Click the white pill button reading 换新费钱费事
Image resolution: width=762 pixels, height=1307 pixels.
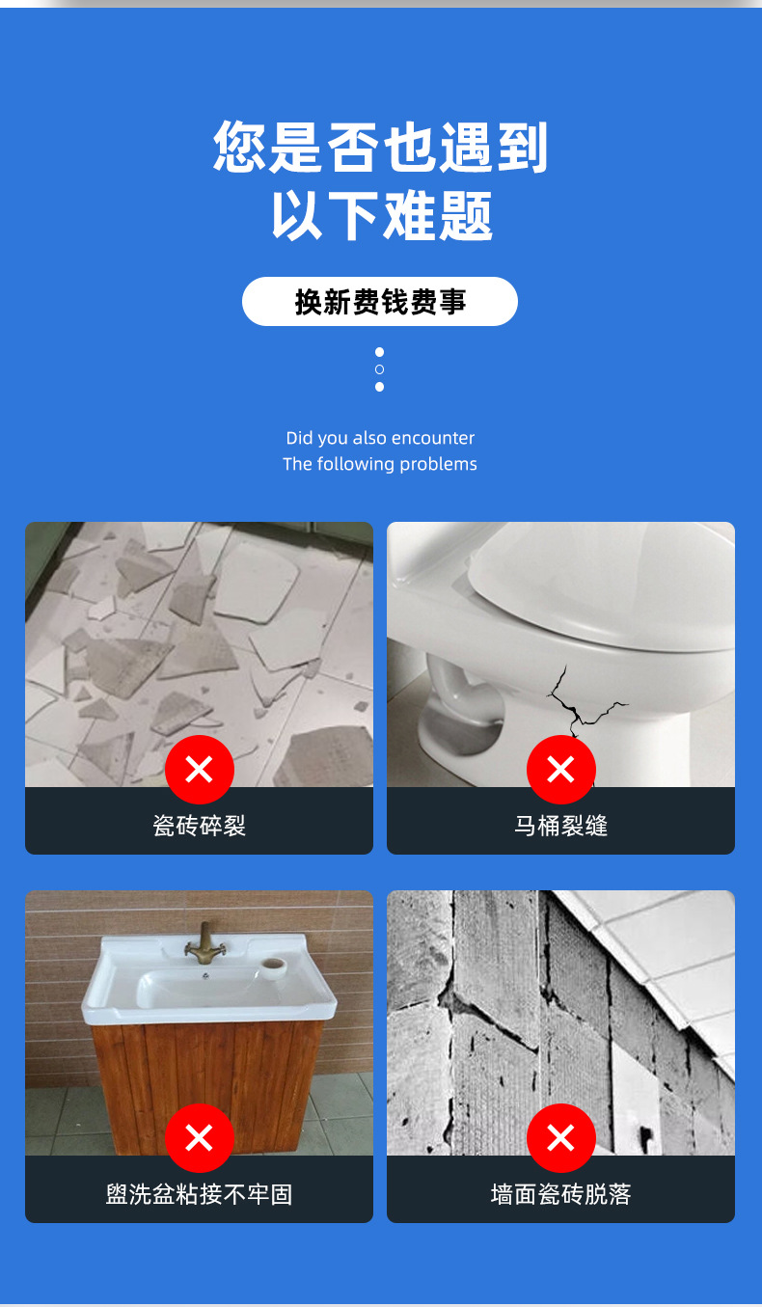coord(379,302)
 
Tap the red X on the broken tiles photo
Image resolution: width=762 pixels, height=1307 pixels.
coord(199,770)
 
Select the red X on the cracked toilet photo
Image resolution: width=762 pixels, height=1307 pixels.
coord(560,770)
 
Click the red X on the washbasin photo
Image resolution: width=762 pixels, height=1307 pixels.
coord(199,1138)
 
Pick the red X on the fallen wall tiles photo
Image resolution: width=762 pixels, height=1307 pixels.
coord(560,1138)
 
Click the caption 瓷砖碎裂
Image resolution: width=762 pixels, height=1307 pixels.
coord(199,826)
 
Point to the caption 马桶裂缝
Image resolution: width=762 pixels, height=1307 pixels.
coord(560,826)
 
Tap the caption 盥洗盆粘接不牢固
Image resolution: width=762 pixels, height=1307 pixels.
coord(199,1194)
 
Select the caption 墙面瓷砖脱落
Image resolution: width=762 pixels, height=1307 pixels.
coord(560,1194)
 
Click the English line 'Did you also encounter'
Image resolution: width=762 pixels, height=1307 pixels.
coord(380,438)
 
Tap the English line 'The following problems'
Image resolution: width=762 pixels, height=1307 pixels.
coord(380,464)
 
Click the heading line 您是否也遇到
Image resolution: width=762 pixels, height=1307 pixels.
coord(380,147)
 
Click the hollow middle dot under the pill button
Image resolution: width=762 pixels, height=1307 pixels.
coord(379,369)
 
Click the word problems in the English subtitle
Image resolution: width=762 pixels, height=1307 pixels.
coord(438,464)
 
